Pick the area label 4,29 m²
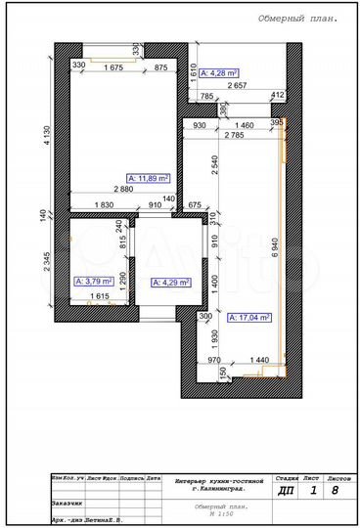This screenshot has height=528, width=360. [170, 282]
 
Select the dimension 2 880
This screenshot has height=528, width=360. [122, 189]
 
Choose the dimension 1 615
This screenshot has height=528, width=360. [99, 294]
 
